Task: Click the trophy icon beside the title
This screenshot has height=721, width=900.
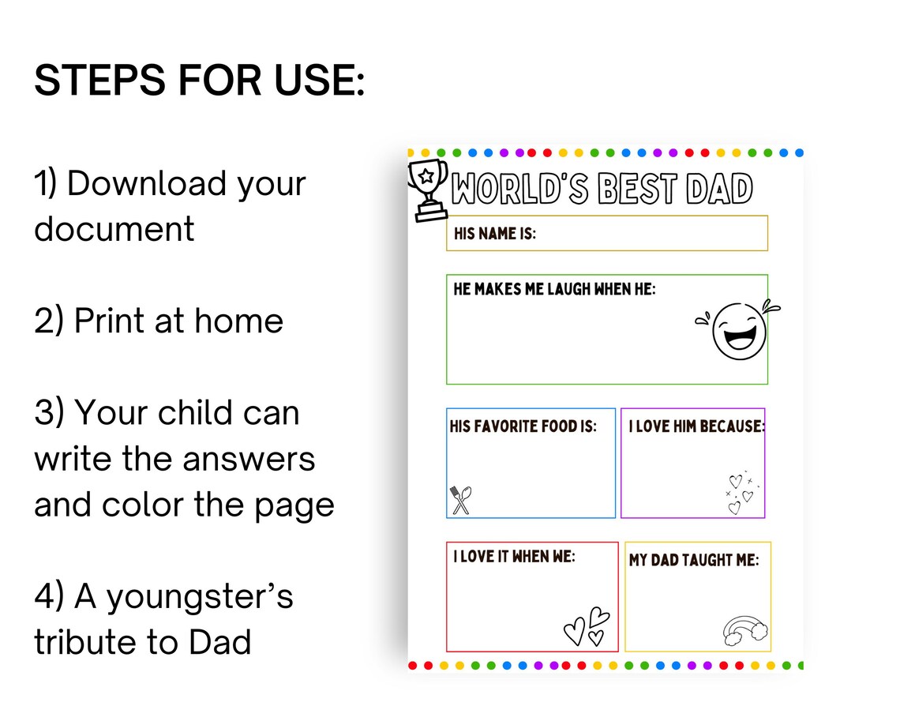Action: click(428, 190)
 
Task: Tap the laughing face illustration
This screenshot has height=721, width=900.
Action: click(738, 330)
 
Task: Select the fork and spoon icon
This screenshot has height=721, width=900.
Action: click(460, 500)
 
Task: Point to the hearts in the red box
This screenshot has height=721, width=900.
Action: click(587, 627)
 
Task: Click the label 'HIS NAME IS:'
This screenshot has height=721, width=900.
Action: click(495, 234)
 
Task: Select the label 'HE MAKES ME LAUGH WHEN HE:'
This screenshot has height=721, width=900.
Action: click(554, 289)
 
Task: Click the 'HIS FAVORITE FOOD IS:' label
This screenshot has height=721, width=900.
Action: click(523, 426)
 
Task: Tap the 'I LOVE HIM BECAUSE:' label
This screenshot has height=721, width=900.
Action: click(697, 426)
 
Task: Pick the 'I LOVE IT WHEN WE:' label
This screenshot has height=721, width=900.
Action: click(514, 556)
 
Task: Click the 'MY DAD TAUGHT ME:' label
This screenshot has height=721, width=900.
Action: click(694, 560)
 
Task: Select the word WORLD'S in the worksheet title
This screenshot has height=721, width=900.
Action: click(520, 189)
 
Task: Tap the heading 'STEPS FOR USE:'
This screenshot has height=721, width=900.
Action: click(199, 80)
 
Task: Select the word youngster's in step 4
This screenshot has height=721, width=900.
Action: click(201, 598)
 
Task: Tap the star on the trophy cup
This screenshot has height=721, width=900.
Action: click(426, 176)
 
